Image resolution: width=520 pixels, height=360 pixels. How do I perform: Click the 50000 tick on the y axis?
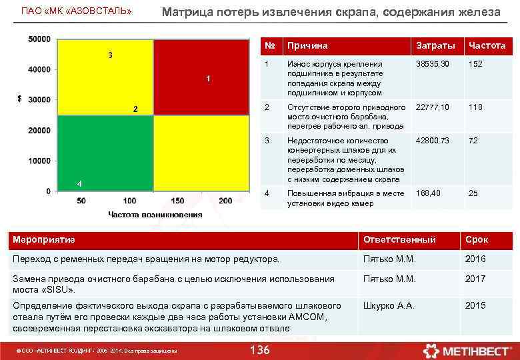click(39, 39)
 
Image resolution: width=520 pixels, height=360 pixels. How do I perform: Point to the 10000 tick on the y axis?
click(39, 161)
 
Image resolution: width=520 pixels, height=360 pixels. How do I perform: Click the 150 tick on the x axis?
click(177, 201)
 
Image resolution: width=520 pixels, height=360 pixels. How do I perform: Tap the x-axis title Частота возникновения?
click(155, 214)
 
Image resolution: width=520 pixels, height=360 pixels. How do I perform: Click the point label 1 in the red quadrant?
click(208, 79)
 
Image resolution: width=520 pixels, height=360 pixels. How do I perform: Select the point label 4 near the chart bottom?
click(79, 183)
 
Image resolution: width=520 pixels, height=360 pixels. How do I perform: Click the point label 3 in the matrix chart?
click(111, 54)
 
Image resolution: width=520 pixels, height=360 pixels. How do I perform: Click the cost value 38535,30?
click(432, 64)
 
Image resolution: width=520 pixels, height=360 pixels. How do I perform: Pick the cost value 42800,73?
click(432, 141)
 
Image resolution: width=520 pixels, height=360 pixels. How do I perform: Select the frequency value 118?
click(475, 107)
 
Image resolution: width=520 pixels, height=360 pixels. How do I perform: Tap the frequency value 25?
click(473, 193)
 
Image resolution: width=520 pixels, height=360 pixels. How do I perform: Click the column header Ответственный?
click(399, 239)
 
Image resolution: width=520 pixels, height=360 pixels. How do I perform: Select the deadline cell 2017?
click(475, 279)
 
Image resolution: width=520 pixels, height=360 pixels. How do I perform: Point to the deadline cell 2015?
click(475, 305)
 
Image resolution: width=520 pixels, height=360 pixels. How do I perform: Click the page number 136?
click(259, 350)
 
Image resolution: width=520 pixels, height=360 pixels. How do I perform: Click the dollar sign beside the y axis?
click(19, 99)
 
